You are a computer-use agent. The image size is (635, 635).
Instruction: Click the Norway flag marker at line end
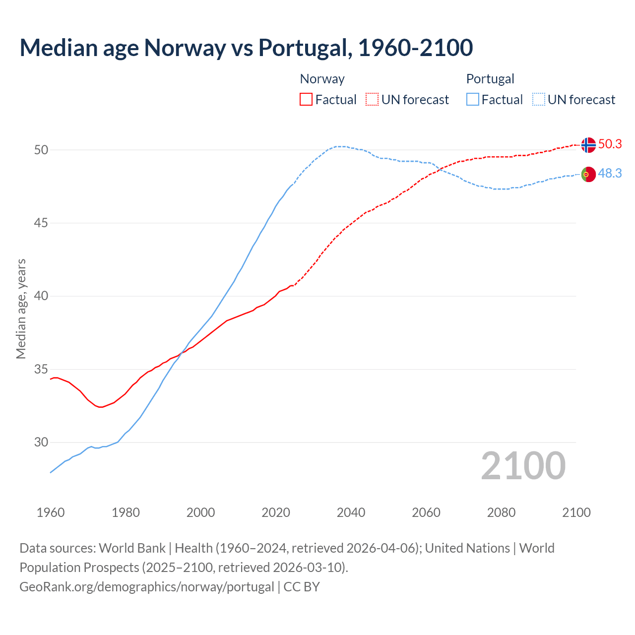coord(588,145)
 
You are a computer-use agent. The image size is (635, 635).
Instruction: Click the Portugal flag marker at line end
coord(588,174)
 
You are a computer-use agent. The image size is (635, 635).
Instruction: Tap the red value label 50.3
coord(610,144)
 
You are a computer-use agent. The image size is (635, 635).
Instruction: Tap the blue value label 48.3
coord(610,173)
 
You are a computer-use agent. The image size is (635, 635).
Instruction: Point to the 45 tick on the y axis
coord(41,223)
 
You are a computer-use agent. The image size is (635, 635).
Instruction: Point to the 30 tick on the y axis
coord(41,442)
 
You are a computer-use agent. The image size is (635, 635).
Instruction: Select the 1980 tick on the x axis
coord(126,512)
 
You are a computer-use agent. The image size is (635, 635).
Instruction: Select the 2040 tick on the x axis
coord(351,512)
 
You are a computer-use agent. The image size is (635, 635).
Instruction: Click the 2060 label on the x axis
coord(426,512)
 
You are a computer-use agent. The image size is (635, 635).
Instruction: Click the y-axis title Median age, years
coord(21,309)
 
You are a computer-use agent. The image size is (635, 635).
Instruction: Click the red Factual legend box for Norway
coord(306,99)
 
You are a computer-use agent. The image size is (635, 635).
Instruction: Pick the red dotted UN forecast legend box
coord(372,99)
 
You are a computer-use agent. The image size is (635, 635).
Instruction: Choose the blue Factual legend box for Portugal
coord(473,99)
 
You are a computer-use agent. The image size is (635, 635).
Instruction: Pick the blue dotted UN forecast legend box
coord(539,99)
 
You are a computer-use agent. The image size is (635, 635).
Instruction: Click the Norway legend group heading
coord(322,79)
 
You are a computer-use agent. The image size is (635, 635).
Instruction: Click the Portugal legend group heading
coord(490,79)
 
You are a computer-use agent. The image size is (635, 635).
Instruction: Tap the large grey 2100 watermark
coord(523,465)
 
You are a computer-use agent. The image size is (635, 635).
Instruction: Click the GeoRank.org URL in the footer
coord(146,586)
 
